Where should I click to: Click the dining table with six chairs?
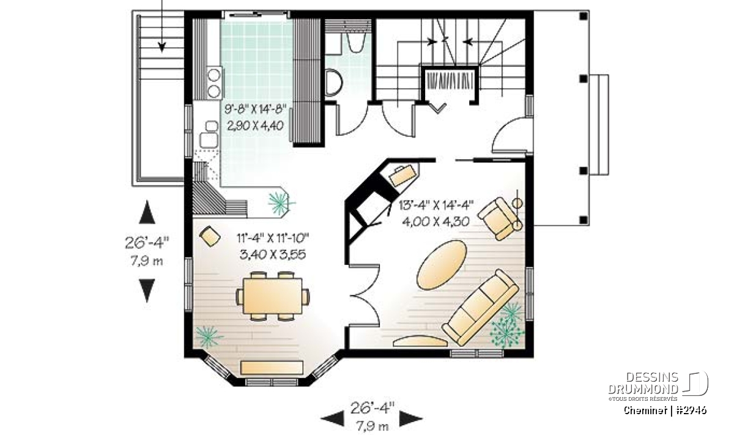[273, 296]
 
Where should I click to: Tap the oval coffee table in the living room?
[442, 265]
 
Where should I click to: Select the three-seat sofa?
[480, 308]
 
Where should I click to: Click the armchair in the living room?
[499, 218]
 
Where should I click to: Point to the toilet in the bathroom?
[333, 82]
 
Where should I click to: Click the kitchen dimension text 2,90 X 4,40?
[255, 125]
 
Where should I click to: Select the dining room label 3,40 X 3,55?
[273, 255]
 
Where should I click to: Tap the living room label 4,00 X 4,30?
[436, 222]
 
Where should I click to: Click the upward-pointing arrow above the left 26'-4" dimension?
[147, 212]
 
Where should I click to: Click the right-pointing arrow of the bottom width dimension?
[411, 418]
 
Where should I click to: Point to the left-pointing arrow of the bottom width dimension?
[332, 418]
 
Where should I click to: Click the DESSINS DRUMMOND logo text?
[643, 383]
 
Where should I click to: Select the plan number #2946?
[692, 411]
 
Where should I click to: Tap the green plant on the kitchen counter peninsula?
[281, 203]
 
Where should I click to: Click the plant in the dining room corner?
[209, 336]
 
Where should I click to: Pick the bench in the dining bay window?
[272, 368]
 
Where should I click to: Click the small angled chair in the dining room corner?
[210, 236]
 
